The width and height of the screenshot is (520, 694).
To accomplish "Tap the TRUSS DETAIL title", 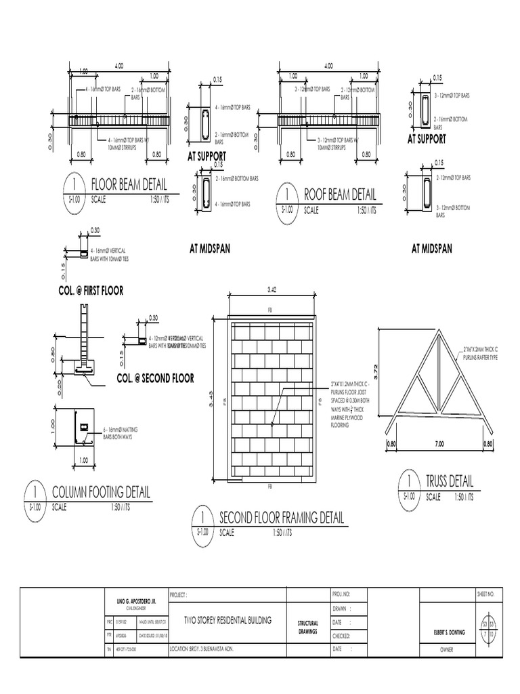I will point(450,481).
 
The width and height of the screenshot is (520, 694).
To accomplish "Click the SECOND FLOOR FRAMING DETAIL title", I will point(282,518).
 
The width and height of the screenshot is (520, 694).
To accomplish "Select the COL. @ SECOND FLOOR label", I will point(155,378).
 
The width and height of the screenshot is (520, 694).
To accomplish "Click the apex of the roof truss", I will point(438,329).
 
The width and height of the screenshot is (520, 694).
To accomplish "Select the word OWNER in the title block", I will point(451,649).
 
